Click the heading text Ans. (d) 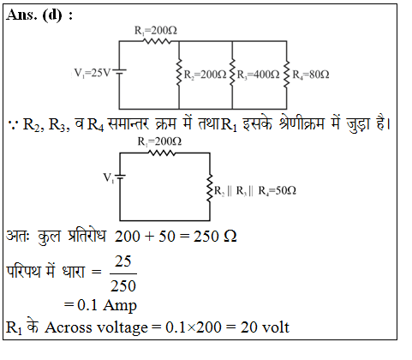pyautogui.click(x=34, y=15)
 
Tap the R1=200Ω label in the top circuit pyautogui.click(x=156, y=30)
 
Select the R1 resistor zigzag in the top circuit pyautogui.click(x=157, y=41)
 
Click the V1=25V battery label pyautogui.click(x=92, y=73)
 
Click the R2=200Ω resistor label pyautogui.click(x=205, y=75)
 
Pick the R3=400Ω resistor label pyautogui.click(x=258, y=75)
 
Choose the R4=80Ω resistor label pyautogui.click(x=311, y=75)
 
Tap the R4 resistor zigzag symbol pyautogui.click(x=286, y=74)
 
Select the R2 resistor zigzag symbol pyautogui.click(x=179, y=72)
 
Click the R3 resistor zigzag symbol pyautogui.click(x=232, y=72)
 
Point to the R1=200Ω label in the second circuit pyautogui.click(x=159, y=141)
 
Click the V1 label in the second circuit pyautogui.click(x=109, y=177)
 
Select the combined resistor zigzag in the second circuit pyautogui.click(x=210, y=189)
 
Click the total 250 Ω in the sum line pyautogui.click(x=215, y=237)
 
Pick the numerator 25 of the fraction pyautogui.click(x=123, y=261)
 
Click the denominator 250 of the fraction pyautogui.click(x=123, y=285)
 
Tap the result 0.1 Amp pyautogui.click(x=107, y=305)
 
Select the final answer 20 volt pyautogui.click(x=265, y=327)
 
